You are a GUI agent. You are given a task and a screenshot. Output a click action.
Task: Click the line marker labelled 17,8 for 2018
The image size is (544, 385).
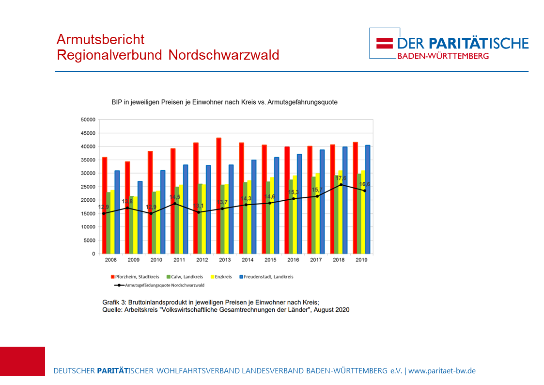[x=342, y=185]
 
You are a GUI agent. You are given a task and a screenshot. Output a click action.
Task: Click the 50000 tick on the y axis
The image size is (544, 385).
[x=88, y=120]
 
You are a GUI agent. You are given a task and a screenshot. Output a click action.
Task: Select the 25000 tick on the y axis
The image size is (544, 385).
[x=88, y=187]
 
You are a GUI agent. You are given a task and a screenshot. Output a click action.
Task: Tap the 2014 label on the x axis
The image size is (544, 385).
[x=248, y=260]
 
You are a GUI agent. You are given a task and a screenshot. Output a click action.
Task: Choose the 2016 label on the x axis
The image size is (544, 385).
[x=293, y=260]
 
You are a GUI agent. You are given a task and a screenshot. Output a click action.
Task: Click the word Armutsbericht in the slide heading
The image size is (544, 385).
[x=100, y=39]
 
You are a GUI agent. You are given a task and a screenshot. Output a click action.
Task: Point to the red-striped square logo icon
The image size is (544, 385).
[x=384, y=43]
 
